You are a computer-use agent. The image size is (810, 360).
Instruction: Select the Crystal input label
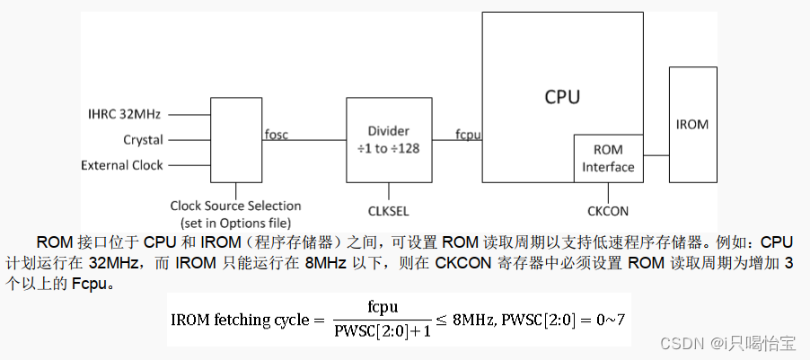[143, 140]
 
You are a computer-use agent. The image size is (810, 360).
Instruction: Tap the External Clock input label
[122, 165]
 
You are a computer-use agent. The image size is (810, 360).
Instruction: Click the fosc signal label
[277, 135]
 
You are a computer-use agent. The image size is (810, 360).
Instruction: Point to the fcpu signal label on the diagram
[468, 135]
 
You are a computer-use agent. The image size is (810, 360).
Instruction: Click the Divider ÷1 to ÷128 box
[389, 140]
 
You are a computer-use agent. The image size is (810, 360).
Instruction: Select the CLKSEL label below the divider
[389, 211]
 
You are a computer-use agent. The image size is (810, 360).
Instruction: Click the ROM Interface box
[608, 158]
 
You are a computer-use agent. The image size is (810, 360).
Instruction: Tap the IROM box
[691, 124]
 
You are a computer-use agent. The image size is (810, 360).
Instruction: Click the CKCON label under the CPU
[608, 211]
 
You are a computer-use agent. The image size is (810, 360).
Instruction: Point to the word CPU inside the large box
[562, 96]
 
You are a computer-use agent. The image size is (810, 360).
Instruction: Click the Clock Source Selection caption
[235, 206]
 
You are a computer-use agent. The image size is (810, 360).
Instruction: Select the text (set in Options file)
[235, 222]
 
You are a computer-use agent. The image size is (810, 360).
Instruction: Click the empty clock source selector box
[236, 139]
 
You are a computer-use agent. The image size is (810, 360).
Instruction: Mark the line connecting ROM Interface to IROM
[656, 154]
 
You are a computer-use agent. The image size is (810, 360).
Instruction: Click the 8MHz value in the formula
[471, 319]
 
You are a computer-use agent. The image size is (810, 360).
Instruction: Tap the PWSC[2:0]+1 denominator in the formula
[383, 331]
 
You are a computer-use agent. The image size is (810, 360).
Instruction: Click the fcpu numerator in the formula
[383, 306]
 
